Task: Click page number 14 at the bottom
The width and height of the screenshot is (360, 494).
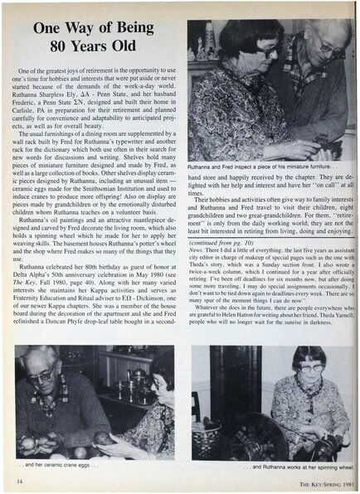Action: click(16, 481)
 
